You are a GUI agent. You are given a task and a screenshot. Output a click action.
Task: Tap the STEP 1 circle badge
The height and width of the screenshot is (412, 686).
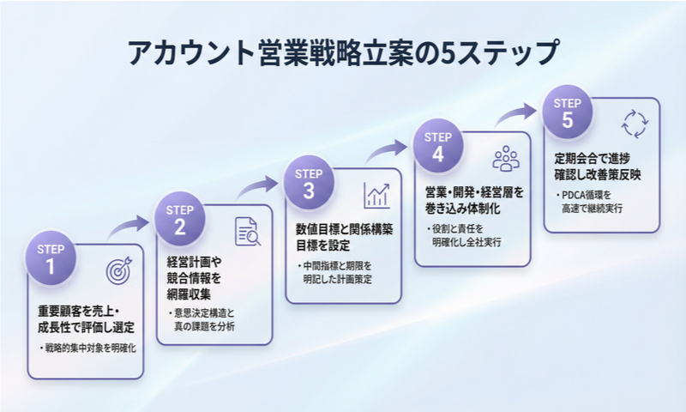click(x=51, y=258)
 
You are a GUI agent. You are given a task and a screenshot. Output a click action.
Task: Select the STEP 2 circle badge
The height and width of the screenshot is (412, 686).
click(x=179, y=218)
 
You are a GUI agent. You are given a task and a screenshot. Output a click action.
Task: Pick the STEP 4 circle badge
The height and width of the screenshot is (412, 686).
click(x=438, y=147)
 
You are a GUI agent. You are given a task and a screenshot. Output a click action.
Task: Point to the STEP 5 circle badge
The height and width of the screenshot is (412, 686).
click(x=567, y=112)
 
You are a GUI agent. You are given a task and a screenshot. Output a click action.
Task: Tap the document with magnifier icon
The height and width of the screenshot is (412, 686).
click(x=248, y=231)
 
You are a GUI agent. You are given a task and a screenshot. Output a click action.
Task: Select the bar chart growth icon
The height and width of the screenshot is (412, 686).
click(x=376, y=195)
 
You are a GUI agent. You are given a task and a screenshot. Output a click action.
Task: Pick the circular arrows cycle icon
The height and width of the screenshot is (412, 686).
click(x=635, y=123)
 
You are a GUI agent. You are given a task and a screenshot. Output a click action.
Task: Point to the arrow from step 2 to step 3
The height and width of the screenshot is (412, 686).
click(x=258, y=189)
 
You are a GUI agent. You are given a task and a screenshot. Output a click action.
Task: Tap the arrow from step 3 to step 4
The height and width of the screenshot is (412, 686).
click(x=388, y=152)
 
